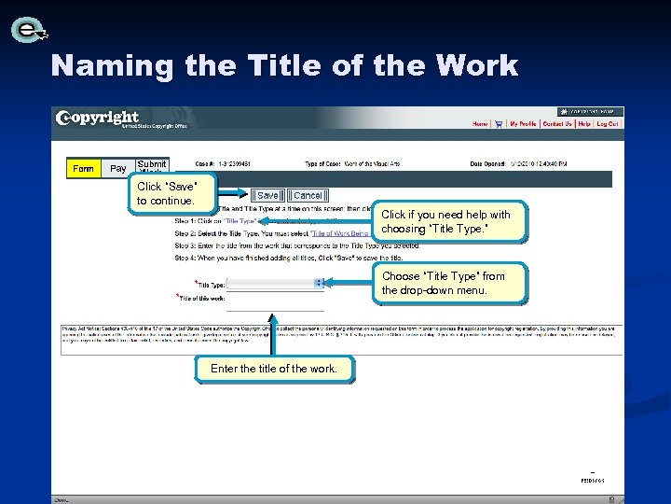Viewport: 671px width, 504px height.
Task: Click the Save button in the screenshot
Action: coord(267,196)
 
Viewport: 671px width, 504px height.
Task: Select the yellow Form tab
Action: coord(83,169)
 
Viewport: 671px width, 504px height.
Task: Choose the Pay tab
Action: coord(118,169)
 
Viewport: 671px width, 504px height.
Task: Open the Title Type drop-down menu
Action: coord(276,283)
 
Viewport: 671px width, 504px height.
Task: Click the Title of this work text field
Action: coord(276,299)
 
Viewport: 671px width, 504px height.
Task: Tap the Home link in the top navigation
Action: coord(480,123)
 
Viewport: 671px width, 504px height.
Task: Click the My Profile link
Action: coord(522,123)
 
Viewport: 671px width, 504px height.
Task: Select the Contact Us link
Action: coord(557,123)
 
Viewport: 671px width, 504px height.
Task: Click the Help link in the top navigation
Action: coord(584,123)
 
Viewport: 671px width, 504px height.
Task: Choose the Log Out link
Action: coord(607,123)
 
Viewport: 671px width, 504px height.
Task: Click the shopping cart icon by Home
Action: coord(499,123)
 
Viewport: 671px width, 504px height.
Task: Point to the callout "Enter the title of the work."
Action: coord(274,369)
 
